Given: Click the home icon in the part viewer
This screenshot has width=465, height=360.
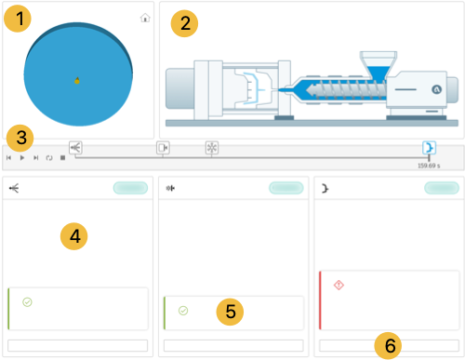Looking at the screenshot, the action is (145, 18).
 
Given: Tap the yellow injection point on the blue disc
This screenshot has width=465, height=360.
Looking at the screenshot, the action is (77, 81).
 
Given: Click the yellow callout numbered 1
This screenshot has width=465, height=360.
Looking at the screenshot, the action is (18, 19).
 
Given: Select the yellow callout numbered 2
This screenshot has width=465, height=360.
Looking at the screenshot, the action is (184, 23).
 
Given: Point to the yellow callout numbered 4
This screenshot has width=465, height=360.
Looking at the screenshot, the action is (74, 236).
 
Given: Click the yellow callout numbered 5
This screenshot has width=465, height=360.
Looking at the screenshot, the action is (230, 312).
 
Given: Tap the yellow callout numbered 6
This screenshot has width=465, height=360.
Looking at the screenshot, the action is (388, 345).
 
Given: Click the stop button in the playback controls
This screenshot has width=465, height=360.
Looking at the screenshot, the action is (62, 158).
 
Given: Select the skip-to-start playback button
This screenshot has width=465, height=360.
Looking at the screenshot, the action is (8, 158).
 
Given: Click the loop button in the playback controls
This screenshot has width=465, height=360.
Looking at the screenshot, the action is (49, 158).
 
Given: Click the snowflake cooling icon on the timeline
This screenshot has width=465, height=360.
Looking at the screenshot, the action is (212, 148).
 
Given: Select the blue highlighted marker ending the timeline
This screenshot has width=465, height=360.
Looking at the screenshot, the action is (430, 148).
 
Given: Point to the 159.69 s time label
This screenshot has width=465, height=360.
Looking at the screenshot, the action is (429, 166).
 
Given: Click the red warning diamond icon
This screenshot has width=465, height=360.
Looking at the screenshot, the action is (339, 285).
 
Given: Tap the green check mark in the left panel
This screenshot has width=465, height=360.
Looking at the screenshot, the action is (27, 301).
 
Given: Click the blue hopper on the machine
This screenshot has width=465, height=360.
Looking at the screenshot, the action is (379, 72).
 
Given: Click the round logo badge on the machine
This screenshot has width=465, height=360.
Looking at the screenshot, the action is (437, 89).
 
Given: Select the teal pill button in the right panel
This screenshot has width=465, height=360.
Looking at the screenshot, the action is (442, 188).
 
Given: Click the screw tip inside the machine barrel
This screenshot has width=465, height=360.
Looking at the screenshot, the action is (311, 90).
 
